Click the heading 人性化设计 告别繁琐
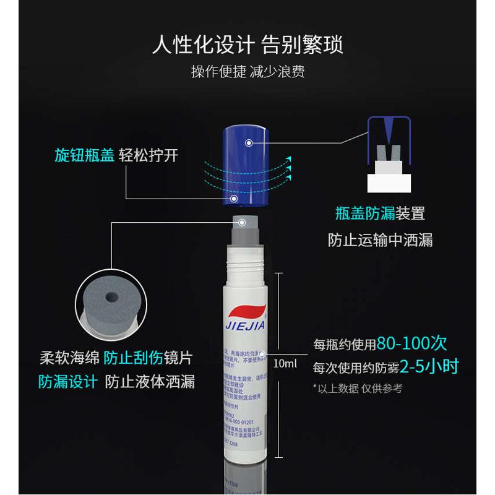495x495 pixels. point(247,45)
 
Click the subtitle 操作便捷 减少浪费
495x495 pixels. point(247,72)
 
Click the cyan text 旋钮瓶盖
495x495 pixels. point(84,156)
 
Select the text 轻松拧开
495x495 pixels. point(148,156)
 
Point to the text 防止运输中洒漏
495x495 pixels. point(380,240)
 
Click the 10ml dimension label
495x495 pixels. point(285,363)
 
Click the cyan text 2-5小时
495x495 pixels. point(429,366)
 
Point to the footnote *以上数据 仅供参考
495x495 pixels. point(358,388)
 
